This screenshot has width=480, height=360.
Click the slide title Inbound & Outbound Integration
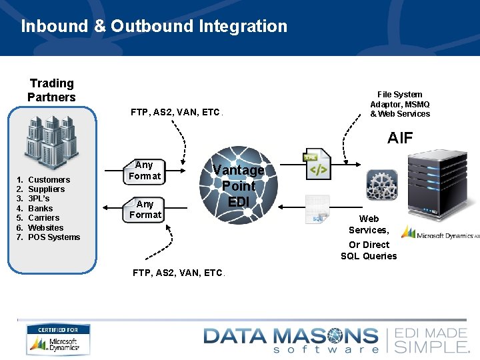coord(154,27)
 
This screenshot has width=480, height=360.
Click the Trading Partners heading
coord(51,90)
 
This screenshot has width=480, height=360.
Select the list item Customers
coord(49,180)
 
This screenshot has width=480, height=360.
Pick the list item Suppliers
coord(47,189)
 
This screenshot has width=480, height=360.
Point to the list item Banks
coord(40,209)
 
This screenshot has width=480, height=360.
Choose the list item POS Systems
coord(53,237)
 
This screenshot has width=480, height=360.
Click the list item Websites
coord(45,227)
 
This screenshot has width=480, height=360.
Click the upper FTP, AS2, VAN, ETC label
coord(176,112)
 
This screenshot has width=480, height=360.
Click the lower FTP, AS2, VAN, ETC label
coord(178,273)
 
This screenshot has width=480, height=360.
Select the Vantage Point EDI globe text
coord(238,185)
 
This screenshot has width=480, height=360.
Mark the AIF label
coord(400,138)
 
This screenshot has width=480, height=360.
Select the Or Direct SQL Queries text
coord(369,250)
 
